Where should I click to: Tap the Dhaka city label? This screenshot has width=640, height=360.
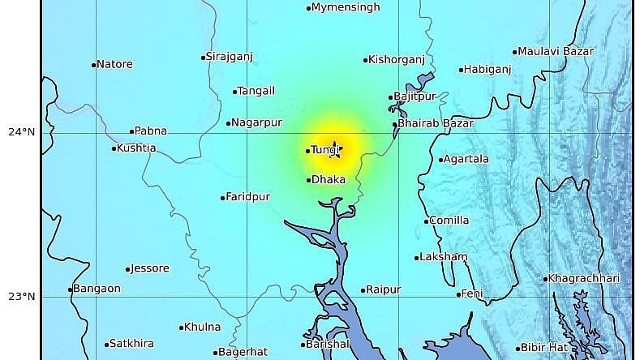(x=329, y=180)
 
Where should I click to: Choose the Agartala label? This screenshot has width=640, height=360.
(x=468, y=160)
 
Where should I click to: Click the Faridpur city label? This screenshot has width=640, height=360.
(x=248, y=197)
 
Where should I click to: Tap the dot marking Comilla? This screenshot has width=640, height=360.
(x=426, y=221)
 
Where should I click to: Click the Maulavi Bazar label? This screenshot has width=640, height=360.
(x=556, y=51)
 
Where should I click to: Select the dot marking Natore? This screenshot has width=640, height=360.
(x=94, y=65)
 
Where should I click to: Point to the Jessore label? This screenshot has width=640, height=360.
(x=152, y=268)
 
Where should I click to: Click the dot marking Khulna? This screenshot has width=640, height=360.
(x=181, y=328)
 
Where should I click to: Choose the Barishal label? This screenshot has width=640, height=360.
(x=329, y=345)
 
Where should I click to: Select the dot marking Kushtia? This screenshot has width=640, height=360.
(x=114, y=148)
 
